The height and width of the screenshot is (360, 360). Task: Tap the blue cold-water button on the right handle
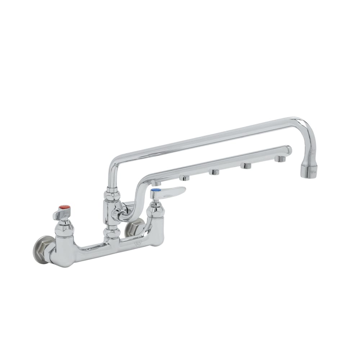click(156, 189)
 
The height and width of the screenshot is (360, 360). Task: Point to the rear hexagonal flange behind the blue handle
click(134, 229)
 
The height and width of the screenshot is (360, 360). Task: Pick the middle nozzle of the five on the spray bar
click(215, 172)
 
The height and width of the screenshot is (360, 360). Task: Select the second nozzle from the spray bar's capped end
click(247, 165)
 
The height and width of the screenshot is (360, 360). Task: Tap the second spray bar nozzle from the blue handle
click(185, 178)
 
